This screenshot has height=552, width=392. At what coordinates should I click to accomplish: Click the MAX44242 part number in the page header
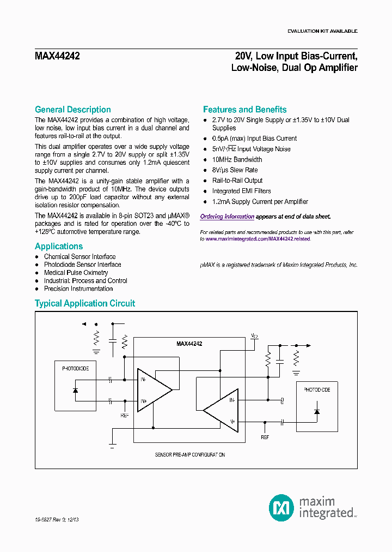click(57, 56)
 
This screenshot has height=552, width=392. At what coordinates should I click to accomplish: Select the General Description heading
click(72, 110)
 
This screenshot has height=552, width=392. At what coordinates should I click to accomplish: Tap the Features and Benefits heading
click(244, 110)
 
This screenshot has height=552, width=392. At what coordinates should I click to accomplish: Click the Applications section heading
click(59, 247)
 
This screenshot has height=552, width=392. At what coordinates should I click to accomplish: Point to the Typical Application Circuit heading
click(85, 303)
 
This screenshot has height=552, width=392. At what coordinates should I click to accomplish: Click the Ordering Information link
click(227, 217)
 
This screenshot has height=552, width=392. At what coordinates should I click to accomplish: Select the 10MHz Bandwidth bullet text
click(237, 160)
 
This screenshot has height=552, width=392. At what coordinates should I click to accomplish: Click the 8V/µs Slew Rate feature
click(236, 170)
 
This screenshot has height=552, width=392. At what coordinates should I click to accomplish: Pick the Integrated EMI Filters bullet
click(241, 191)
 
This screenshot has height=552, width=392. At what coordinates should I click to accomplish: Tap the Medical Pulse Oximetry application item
click(76, 273)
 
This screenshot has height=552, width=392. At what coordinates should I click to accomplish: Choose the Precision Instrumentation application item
click(78, 289)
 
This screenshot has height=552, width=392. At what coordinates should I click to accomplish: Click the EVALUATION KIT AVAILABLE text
click(322, 31)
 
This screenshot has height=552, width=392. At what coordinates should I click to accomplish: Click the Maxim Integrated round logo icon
click(281, 507)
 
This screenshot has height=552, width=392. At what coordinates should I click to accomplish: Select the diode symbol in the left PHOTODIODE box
click(75, 390)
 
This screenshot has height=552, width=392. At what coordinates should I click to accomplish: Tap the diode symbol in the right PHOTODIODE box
click(317, 411)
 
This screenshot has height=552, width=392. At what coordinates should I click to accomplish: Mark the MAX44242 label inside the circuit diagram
click(189, 344)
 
